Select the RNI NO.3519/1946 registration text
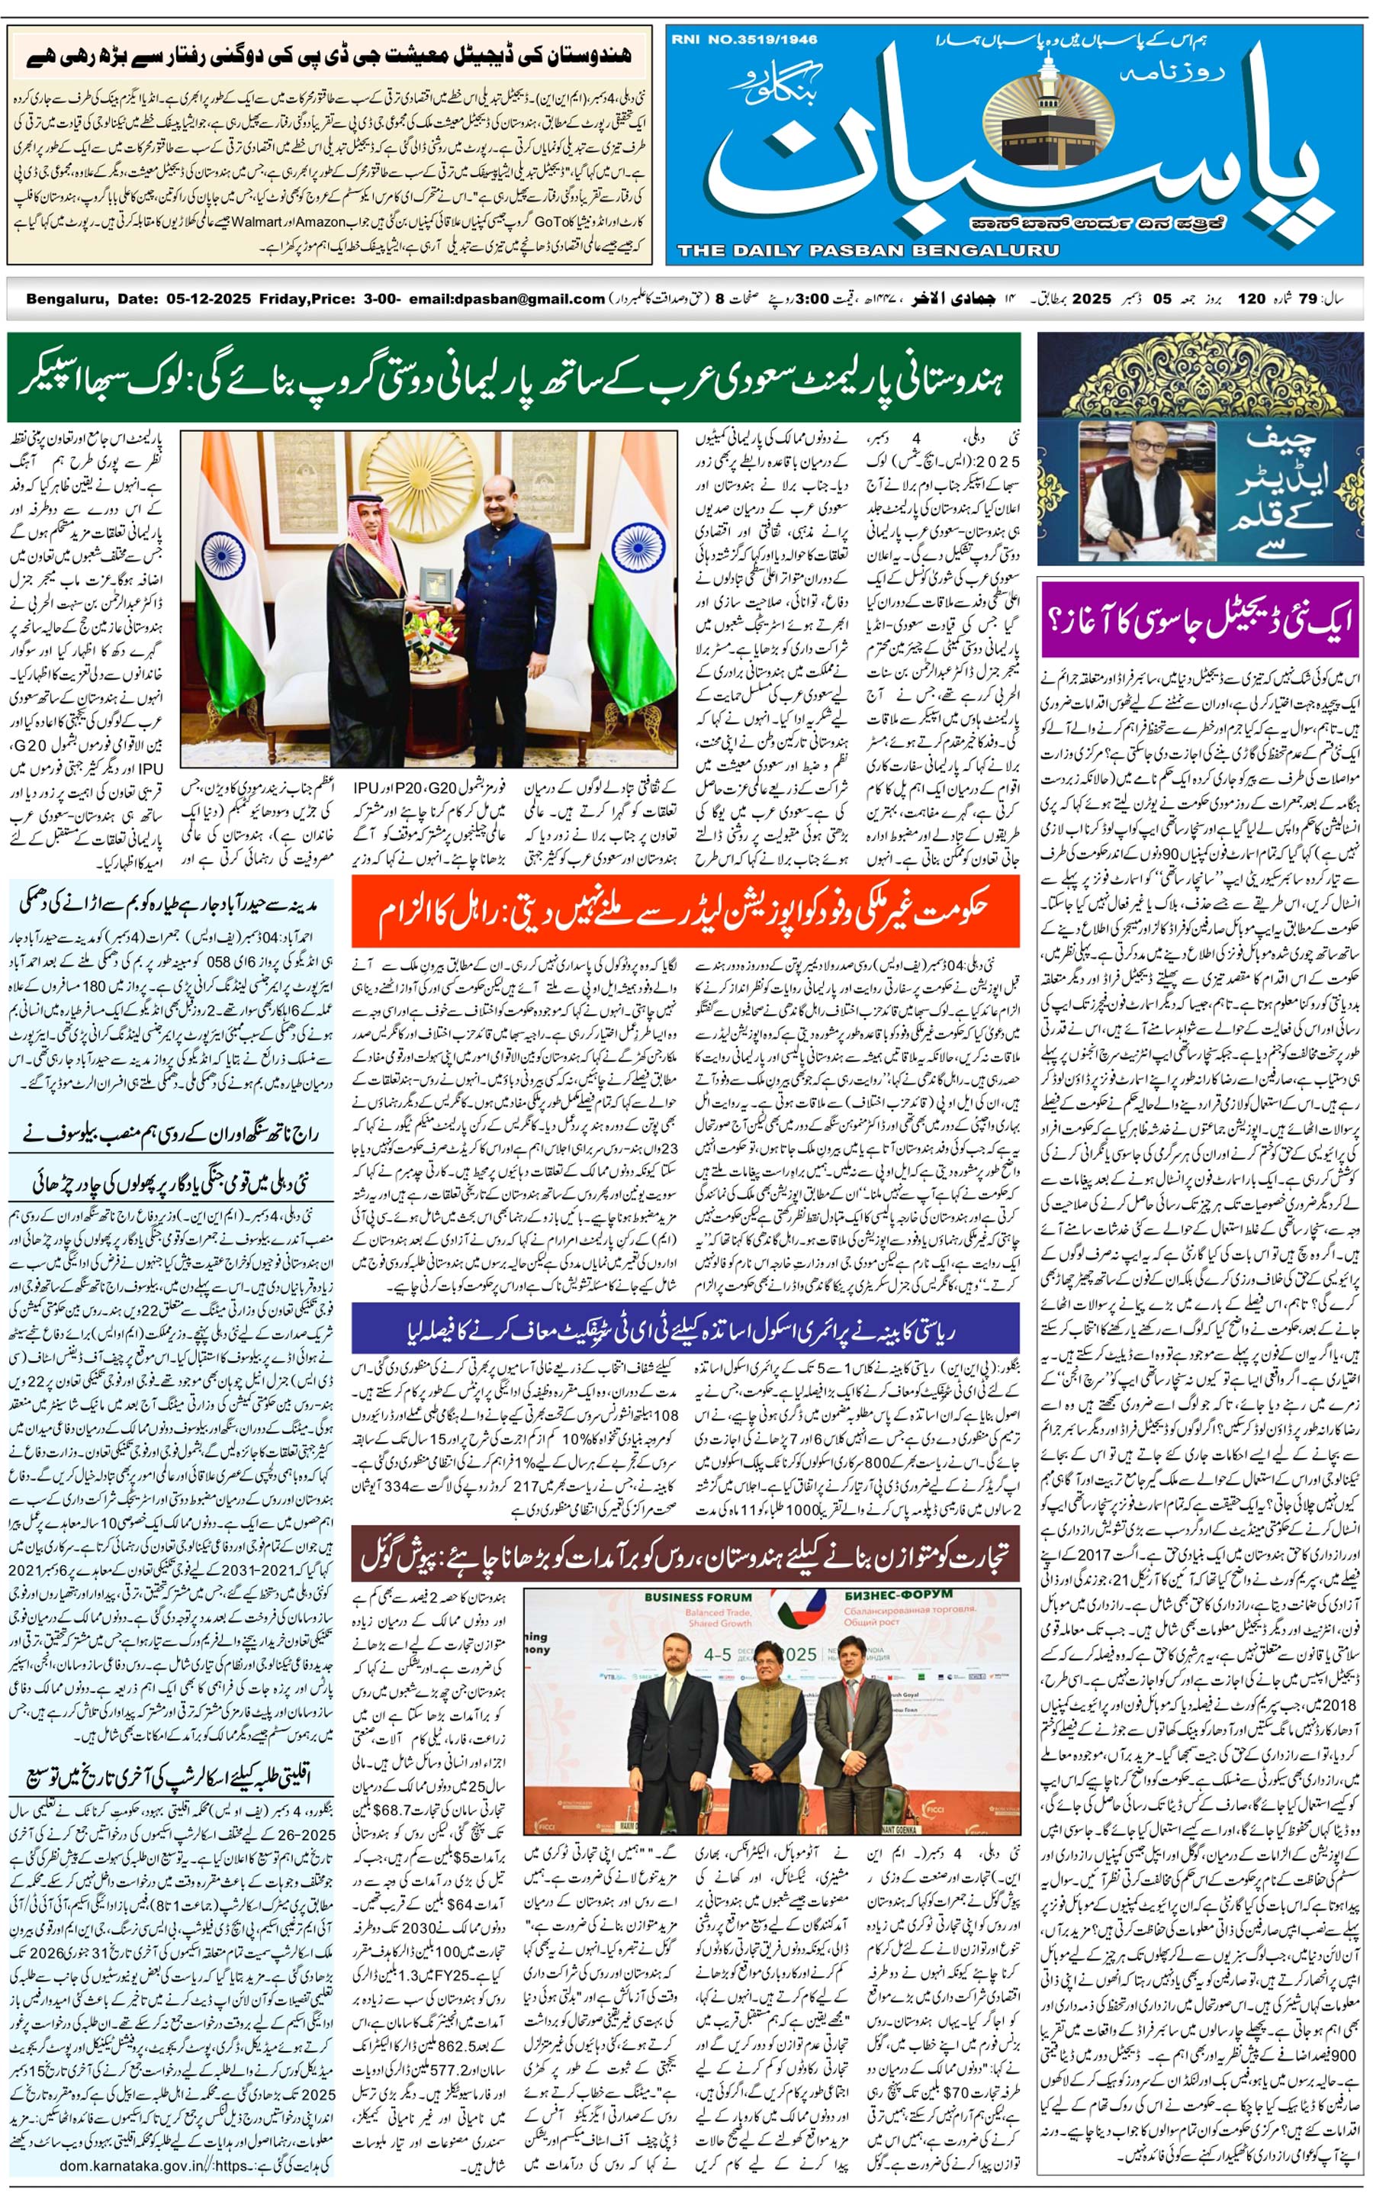(x=744, y=39)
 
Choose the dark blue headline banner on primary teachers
(x=686, y=1331)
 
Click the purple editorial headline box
(x=1201, y=621)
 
